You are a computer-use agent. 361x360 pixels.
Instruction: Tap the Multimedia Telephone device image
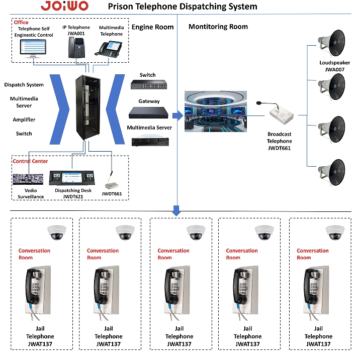tap(111, 49)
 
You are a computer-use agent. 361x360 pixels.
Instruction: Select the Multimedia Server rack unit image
tap(149, 140)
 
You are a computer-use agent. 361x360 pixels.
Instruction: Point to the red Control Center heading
tap(30, 162)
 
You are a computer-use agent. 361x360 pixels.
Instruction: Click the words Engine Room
tap(153, 27)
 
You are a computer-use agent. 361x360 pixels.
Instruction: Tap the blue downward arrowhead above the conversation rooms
tap(176, 211)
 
